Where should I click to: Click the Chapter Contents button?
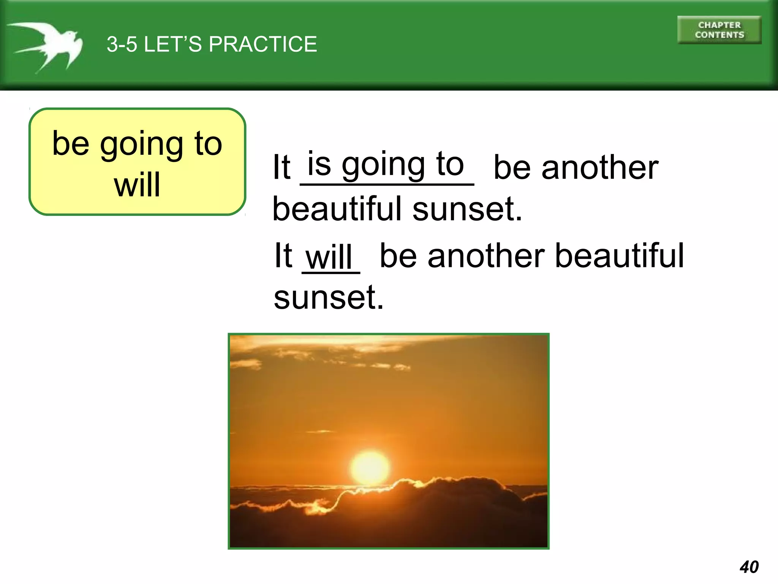[719, 30]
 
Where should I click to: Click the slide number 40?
[749, 567]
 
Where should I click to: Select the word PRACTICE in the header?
[262, 44]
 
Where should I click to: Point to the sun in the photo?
[370, 467]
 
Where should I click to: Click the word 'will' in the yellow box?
[137, 185]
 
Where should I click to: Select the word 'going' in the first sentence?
[383, 165]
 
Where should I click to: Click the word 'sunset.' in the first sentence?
[467, 209]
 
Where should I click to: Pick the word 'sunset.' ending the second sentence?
[329, 297]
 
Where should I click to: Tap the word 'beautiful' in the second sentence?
[619, 255]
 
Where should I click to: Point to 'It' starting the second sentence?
[283, 255]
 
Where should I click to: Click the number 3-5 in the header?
[122, 44]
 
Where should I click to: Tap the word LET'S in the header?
[173, 44]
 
